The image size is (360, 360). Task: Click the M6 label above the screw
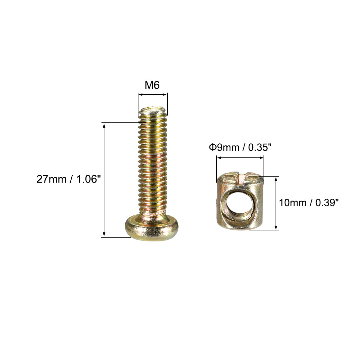coord(152,85)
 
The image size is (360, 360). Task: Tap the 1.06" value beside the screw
coord(88,179)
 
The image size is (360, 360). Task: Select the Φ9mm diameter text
coord(224,147)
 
